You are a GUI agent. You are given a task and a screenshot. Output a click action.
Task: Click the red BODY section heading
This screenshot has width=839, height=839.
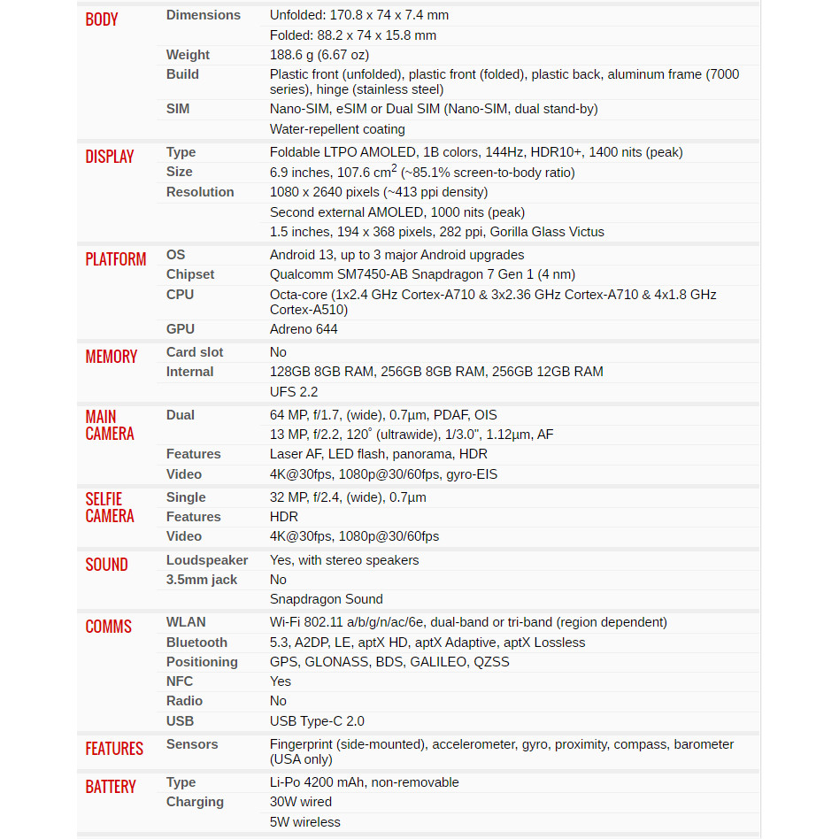coord(102,19)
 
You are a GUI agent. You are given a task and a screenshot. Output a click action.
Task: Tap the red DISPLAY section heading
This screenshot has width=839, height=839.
coord(110,157)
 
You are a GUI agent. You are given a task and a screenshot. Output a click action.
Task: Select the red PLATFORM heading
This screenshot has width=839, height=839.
coord(116,259)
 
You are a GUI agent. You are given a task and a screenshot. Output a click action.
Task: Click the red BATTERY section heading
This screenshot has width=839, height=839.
coord(111,787)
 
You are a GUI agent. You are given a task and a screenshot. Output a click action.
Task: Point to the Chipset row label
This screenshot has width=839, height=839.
coord(190,274)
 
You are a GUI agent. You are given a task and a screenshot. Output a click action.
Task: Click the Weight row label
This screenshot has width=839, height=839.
coord(188,55)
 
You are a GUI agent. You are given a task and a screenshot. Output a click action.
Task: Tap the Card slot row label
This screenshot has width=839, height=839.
coord(195,352)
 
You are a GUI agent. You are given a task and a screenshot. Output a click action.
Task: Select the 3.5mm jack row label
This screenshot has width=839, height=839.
coord(202,580)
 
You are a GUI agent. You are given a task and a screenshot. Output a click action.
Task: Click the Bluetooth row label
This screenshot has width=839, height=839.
coord(196,643)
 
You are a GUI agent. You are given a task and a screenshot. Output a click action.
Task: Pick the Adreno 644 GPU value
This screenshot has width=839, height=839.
coord(304,329)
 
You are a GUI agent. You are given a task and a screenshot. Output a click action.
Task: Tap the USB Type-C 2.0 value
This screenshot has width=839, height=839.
coord(317,721)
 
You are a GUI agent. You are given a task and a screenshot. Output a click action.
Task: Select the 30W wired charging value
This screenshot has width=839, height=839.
coord(301,802)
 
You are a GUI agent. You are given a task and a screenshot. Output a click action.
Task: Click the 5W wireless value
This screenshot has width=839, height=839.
coord(305,822)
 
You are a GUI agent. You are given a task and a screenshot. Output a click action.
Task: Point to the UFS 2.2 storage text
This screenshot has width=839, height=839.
coord(294,392)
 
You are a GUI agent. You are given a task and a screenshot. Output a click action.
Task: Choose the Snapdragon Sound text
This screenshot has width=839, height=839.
coord(327,599)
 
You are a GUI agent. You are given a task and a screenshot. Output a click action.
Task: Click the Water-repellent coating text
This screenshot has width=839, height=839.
coord(337,129)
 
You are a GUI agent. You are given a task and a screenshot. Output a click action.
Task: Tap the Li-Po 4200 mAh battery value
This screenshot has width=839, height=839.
coord(365,782)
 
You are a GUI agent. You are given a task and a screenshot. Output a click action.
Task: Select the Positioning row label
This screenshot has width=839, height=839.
coord(202,662)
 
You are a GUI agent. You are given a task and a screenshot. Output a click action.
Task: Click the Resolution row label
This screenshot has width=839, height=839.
coord(200,192)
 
